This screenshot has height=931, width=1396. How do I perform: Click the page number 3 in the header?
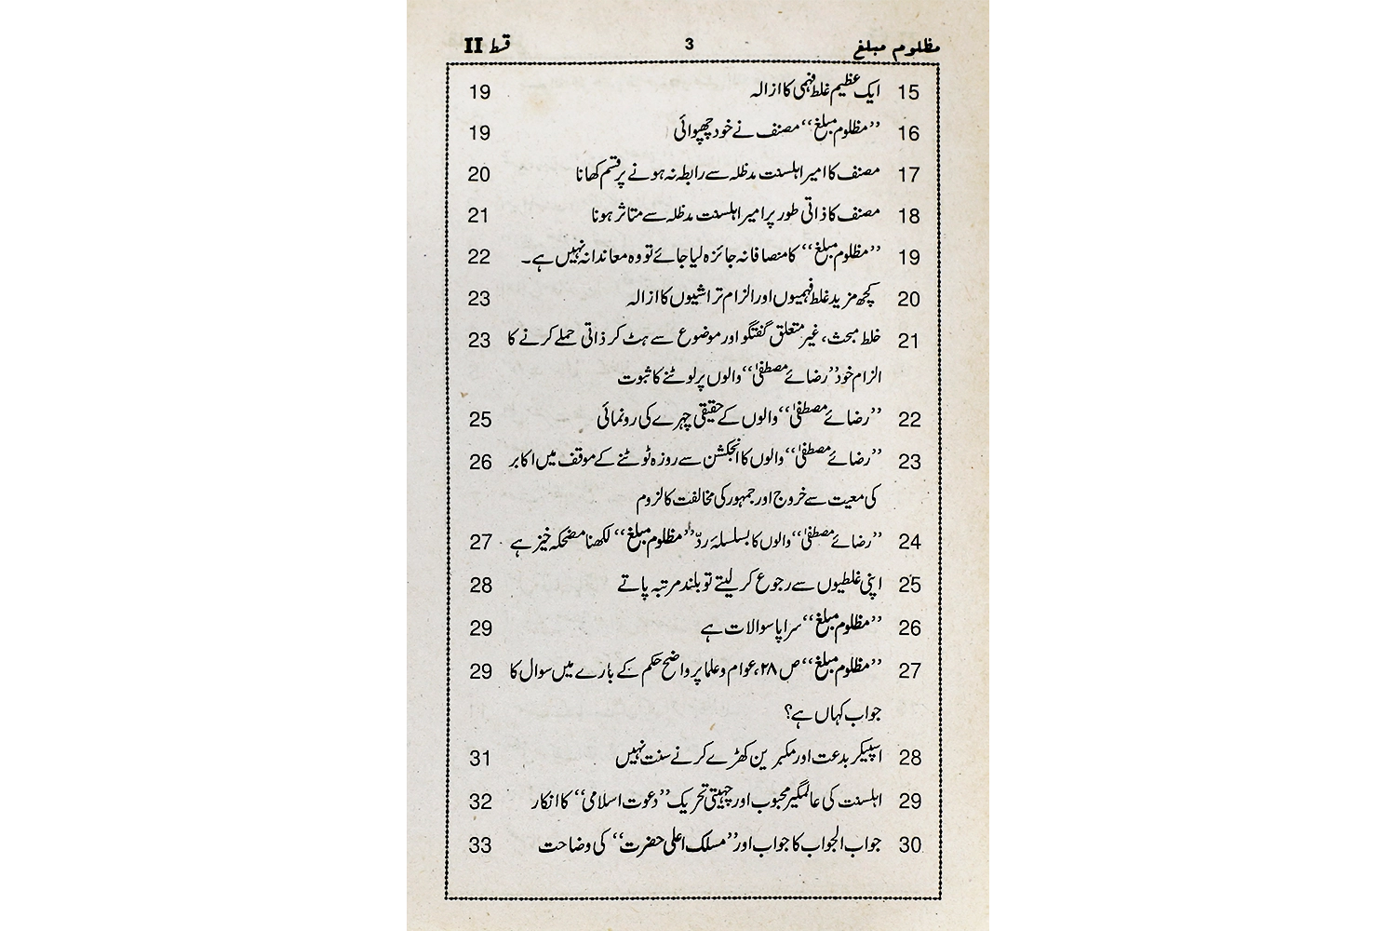[x=689, y=43]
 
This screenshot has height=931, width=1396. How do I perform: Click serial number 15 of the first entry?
[x=908, y=92]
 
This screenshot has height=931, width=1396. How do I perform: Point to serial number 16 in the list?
[x=908, y=133]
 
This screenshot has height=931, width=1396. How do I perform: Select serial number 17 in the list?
[x=908, y=175]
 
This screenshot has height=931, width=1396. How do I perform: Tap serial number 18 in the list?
[x=908, y=216]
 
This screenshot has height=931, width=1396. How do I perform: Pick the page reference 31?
[x=479, y=759]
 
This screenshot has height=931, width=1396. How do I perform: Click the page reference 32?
[x=479, y=802]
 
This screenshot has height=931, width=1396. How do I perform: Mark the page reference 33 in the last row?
[x=479, y=845]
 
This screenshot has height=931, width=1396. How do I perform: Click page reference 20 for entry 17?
[x=479, y=174]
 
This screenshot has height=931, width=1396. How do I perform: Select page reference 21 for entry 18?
[x=479, y=216]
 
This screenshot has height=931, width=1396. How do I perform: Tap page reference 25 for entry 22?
[x=479, y=420]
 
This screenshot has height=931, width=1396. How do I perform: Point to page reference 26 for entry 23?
[x=479, y=461]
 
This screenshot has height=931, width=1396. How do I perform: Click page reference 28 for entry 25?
[x=479, y=585]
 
